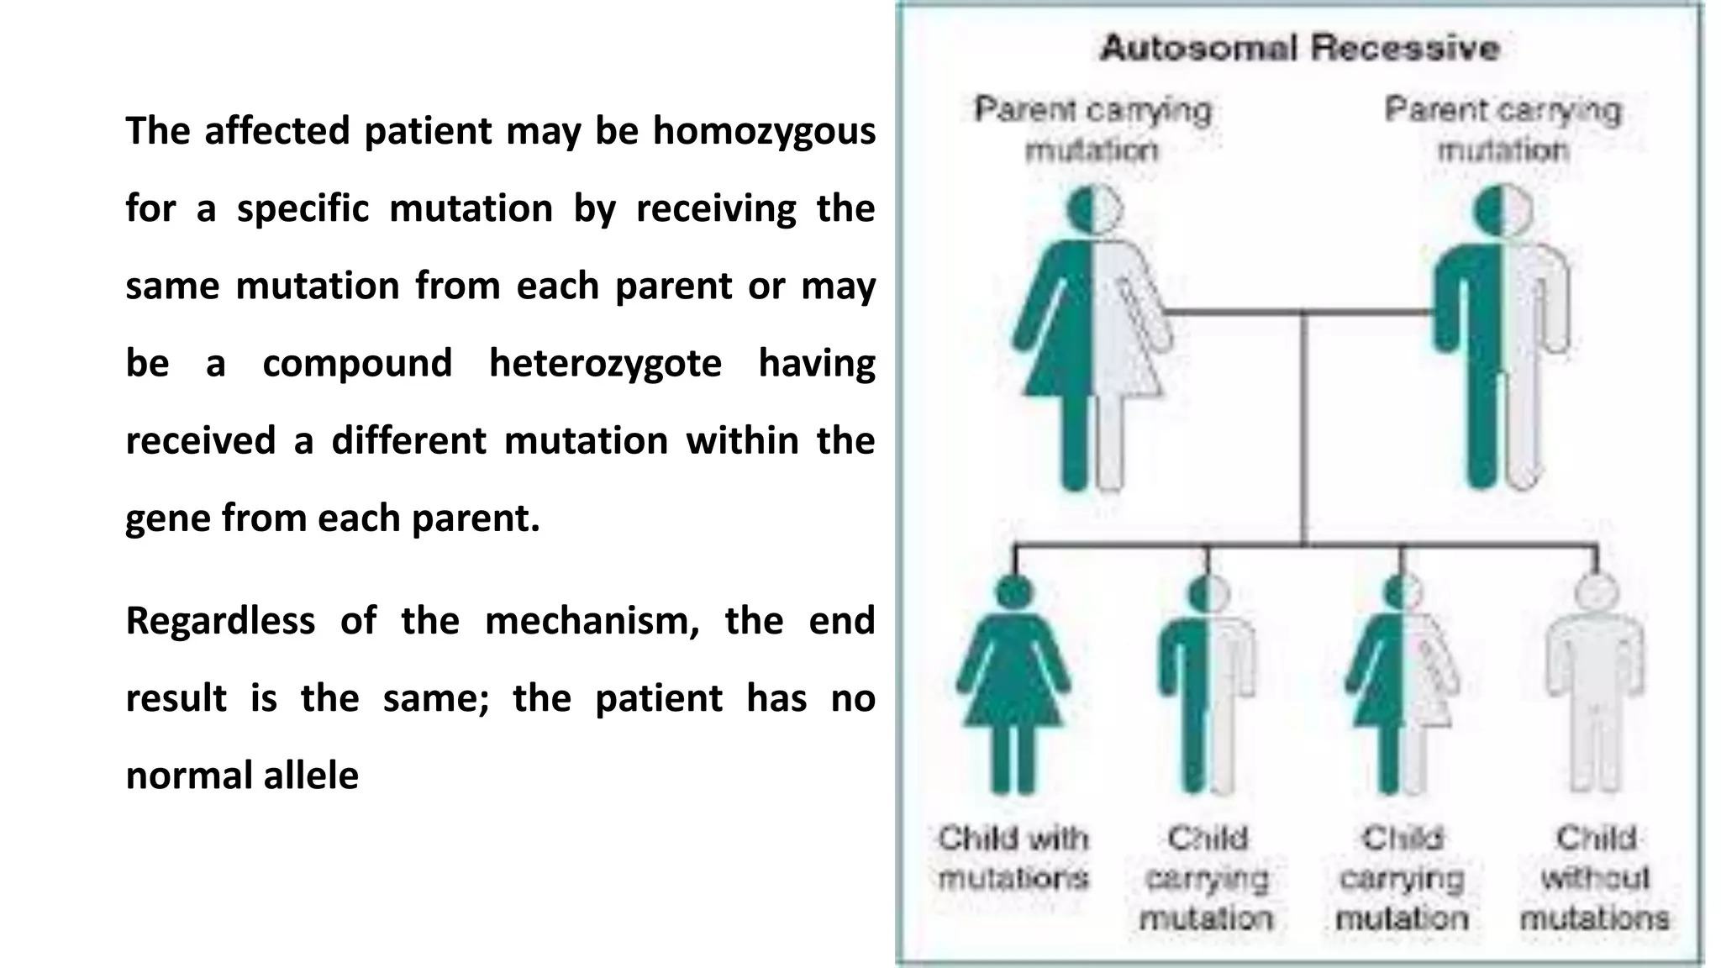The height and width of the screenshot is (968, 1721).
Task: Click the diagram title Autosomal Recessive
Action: [1299, 48]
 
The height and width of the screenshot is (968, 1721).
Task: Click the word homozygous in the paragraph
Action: [764, 132]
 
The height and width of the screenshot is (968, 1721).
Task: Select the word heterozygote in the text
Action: [605, 364]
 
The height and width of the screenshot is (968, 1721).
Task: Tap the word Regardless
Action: [220, 622]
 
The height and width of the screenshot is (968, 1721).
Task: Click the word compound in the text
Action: [357, 364]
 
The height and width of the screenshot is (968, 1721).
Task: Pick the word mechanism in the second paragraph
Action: [592, 622]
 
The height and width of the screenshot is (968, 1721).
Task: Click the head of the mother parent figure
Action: [1094, 209]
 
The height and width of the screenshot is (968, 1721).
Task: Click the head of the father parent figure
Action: [1503, 209]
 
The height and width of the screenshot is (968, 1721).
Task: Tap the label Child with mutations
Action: [1013, 858]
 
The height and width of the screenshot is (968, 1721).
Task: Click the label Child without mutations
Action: [1595, 878]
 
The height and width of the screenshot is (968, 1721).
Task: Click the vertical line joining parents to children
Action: [1303, 429]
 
